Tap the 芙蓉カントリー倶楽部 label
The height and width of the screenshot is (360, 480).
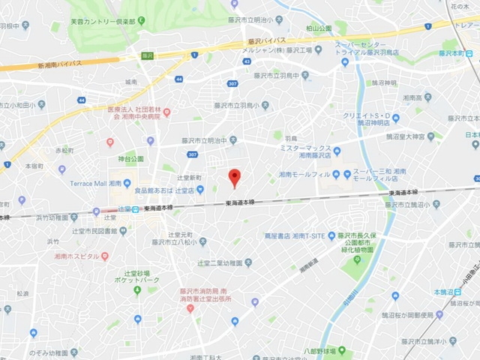click(103, 22)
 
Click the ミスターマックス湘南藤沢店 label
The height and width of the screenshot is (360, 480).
click(305, 153)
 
